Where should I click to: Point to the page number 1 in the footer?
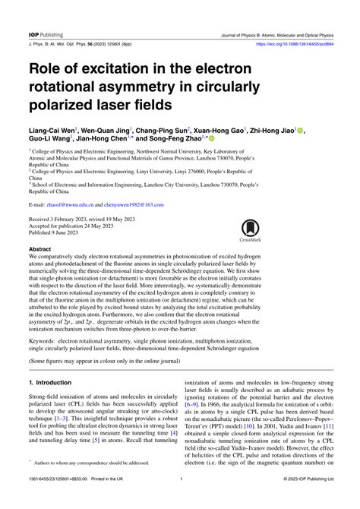[x=180, y=499]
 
